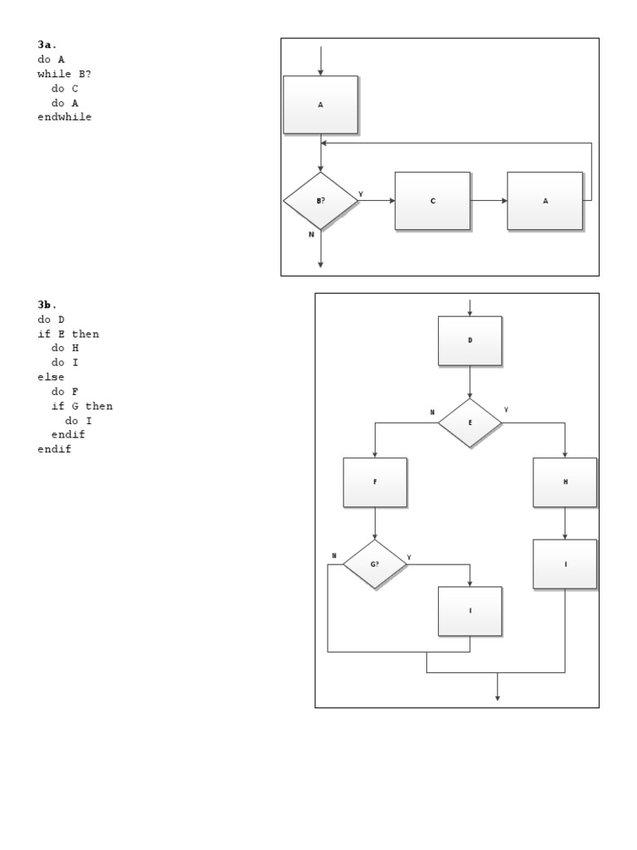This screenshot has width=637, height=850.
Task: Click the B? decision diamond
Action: (x=320, y=201)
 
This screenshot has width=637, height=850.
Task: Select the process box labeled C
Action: (x=432, y=201)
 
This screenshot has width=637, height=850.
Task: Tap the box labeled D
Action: (x=469, y=340)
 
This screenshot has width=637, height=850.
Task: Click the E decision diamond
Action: (x=469, y=423)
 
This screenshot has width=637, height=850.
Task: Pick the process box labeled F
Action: (x=375, y=482)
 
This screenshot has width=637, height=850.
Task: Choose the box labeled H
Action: (x=565, y=482)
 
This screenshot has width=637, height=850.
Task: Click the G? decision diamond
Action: (x=375, y=564)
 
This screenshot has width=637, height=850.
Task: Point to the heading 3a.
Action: (x=47, y=45)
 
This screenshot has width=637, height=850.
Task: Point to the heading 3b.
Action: (x=47, y=305)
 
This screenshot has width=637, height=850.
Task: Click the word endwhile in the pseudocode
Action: (x=65, y=117)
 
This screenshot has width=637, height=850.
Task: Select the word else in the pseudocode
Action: (x=51, y=377)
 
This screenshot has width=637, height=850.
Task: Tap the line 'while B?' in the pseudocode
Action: (x=65, y=74)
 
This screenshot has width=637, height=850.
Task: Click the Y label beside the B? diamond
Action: (x=361, y=194)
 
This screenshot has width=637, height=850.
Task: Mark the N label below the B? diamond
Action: (x=312, y=235)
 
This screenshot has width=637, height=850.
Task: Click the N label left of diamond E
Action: (x=432, y=413)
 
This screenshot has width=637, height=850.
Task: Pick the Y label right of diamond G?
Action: (x=409, y=557)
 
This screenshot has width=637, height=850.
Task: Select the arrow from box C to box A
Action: (x=489, y=201)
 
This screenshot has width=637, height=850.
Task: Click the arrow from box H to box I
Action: (x=565, y=523)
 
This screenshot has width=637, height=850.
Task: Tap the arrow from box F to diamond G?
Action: (x=375, y=523)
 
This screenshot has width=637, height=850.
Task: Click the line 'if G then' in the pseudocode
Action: (x=82, y=406)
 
